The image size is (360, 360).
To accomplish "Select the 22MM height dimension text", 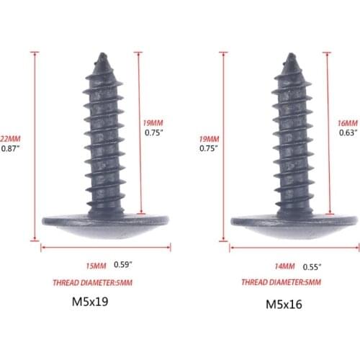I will click(x=10, y=139).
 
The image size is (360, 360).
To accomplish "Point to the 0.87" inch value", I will click(x=10, y=148).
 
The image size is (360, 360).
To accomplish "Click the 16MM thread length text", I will click(x=348, y=122).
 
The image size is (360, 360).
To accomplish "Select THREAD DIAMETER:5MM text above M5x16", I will click(x=281, y=282).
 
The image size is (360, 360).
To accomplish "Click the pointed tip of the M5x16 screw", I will click(x=290, y=55).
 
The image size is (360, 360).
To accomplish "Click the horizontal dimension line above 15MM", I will click(x=105, y=247).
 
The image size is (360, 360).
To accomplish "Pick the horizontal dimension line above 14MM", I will click(x=294, y=248).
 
